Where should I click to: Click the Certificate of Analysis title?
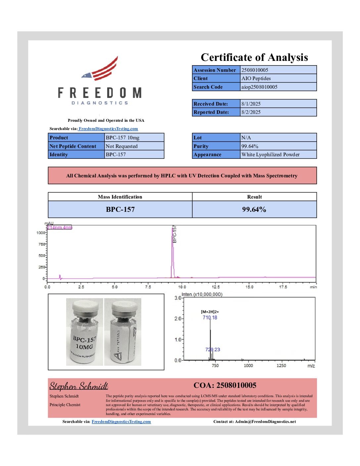254,57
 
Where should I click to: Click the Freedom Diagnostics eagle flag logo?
101,70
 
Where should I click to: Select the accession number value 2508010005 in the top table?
255,70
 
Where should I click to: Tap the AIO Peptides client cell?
256,78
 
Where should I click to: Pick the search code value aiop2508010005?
259,87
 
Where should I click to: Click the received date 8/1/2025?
251,104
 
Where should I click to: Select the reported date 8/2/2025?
251,112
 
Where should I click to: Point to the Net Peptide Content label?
73,146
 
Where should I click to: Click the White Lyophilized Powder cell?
270,155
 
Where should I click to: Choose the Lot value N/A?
246,138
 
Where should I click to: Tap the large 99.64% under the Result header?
254,210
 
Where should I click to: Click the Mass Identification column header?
120,197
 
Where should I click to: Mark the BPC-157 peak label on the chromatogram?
175,234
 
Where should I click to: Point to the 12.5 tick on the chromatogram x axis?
215,287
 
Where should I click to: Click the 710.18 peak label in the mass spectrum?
210,318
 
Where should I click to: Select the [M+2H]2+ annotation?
210,312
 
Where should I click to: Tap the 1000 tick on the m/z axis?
248,366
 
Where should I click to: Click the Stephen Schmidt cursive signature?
79,386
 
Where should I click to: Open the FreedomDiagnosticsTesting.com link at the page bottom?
121,422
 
